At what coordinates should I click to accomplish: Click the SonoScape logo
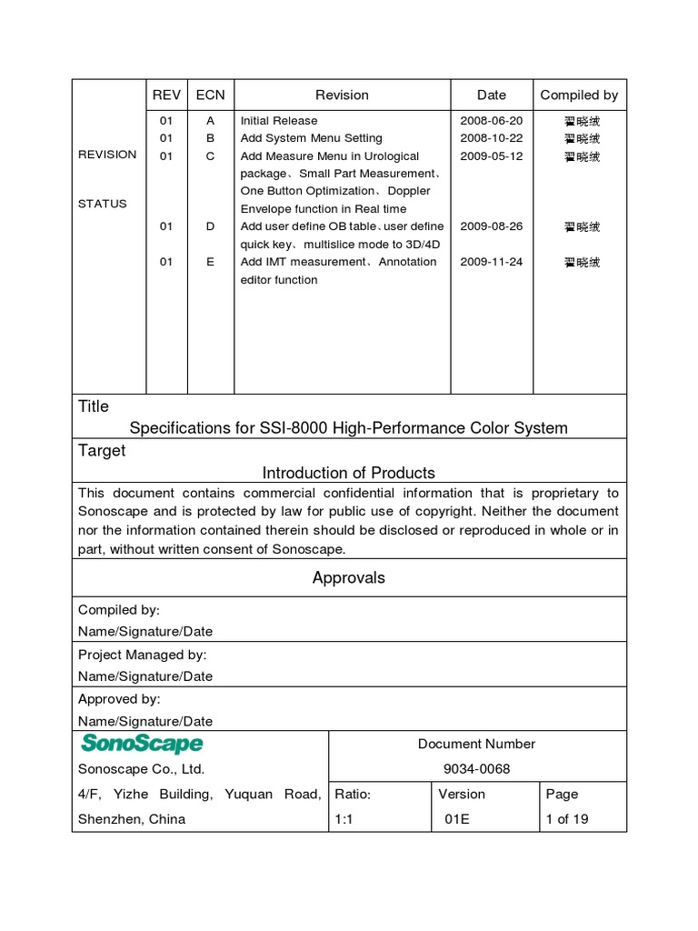tap(142, 744)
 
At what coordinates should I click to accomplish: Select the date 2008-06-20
tap(491, 120)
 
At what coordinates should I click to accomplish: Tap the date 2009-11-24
tap(491, 262)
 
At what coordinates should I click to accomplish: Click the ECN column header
tap(210, 95)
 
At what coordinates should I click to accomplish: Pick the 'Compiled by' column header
tap(579, 95)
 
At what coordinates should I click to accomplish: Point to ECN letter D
tap(210, 226)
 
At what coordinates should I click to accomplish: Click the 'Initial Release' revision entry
tap(279, 120)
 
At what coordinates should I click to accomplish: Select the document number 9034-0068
tap(476, 769)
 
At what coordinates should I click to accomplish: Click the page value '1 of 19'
tap(567, 819)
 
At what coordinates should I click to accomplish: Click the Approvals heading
tap(349, 577)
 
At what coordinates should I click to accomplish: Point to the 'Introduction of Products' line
tap(349, 473)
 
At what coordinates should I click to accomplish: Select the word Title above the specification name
tap(94, 406)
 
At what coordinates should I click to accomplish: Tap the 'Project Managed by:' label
tap(143, 655)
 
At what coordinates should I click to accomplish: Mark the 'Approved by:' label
tap(119, 699)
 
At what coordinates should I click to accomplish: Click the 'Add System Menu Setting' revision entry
tap(311, 138)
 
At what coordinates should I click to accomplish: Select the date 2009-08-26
tap(491, 226)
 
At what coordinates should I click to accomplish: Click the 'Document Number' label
tap(476, 744)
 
